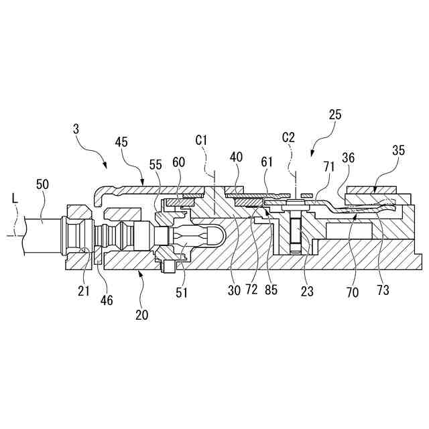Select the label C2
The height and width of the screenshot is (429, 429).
pos(288,137)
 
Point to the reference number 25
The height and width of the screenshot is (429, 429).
pos(335,115)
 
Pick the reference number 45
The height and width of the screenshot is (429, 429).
pos(121,142)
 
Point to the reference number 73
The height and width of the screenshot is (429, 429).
pos(383,290)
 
